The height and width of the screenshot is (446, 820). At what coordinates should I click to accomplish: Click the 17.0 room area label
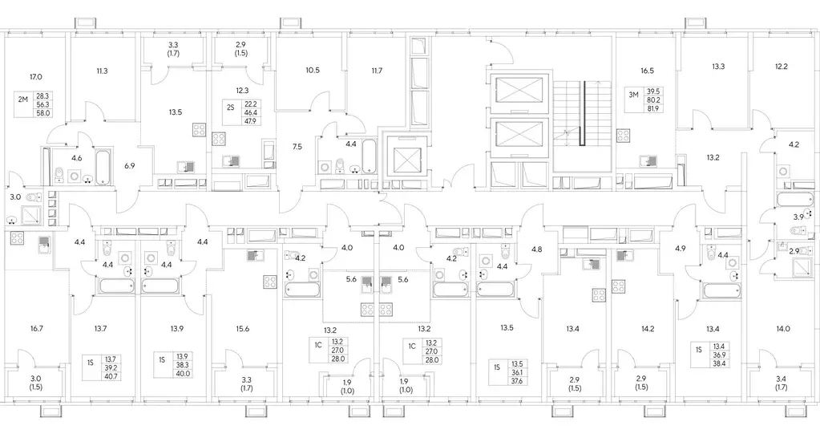(x=35, y=77)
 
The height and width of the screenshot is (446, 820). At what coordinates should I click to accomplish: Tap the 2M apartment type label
(x=22, y=99)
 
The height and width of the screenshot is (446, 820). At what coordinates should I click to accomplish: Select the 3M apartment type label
(x=633, y=95)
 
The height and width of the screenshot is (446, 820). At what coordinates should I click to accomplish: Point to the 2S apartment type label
(x=230, y=107)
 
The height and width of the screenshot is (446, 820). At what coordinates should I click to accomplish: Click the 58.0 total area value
(x=43, y=112)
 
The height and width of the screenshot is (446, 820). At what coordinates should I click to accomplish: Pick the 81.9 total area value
(x=655, y=108)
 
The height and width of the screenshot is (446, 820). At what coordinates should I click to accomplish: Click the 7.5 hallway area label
(x=297, y=147)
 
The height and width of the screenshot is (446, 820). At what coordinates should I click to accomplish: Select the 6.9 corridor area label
(x=130, y=165)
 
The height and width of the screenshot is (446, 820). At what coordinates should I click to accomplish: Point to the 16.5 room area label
(x=647, y=71)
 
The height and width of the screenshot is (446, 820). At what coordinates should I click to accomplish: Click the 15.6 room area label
(x=243, y=329)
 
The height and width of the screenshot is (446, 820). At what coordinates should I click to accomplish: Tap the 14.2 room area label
(x=648, y=329)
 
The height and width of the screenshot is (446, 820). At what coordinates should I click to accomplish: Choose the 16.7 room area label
(x=37, y=329)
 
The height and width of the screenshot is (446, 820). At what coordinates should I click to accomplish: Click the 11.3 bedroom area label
(x=102, y=71)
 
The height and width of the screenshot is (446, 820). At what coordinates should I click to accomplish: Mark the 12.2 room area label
(x=782, y=67)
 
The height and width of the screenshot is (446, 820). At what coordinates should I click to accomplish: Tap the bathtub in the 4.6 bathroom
(x=103, y=167)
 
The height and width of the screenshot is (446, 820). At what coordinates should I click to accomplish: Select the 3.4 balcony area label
(x=782, y=383)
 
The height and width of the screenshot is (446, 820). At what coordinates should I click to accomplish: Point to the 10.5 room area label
(x=312, y=70)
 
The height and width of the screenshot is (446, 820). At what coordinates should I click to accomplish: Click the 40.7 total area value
(x=111, y=376)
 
